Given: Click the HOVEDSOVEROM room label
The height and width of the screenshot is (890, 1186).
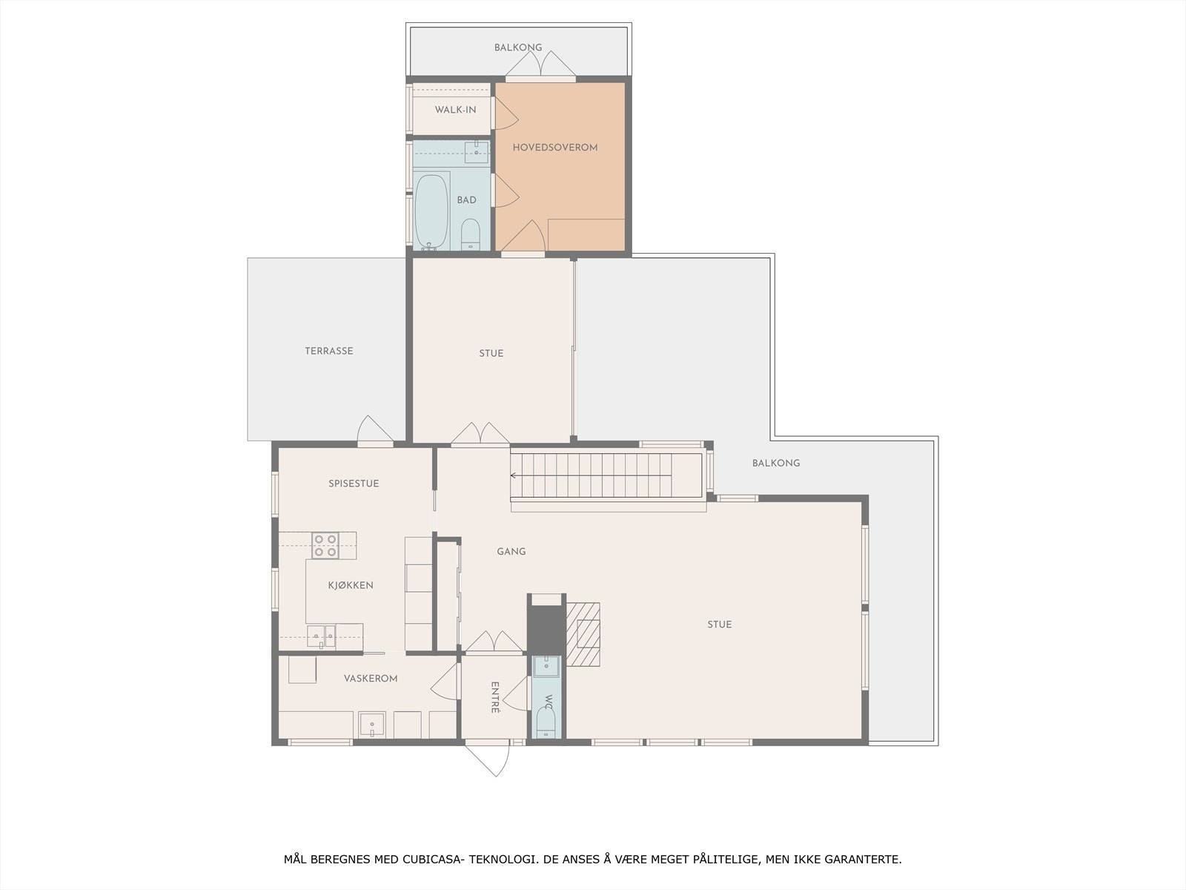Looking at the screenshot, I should click(x=555, y=148).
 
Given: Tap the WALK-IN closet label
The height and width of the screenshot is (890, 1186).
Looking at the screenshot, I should click(x=455, y=110).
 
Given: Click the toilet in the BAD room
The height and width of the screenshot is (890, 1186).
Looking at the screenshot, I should click(x=470, y=234).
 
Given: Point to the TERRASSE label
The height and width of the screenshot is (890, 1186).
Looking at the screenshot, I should click(x=329, y=351).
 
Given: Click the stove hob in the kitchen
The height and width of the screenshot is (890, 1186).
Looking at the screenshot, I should click(x=325, y=545).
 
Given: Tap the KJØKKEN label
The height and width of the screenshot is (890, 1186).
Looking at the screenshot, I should click(x=351, y=585).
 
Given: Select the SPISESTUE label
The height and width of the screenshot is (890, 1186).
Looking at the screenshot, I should click(x=354, y=484).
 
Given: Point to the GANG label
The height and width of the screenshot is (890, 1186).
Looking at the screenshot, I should click(x=511, y=551).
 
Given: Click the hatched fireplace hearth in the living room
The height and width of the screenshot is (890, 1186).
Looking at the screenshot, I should click(x=583, y=634).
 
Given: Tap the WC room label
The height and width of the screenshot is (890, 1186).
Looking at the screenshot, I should click(x=549, y=702).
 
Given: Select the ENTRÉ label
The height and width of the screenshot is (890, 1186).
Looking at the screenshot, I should click(x=495, y=697).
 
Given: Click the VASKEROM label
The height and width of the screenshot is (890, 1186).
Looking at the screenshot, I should click(x=371, y=679).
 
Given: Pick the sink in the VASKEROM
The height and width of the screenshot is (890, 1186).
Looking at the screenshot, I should click(x=371, y=724).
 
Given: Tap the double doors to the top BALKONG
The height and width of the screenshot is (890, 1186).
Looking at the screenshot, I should click(x=541, y=66).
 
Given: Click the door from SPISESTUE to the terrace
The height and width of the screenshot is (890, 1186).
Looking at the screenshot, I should click(x=374, y=432).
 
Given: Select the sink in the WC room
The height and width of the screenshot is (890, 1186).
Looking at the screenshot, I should click(x=547, y=665).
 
